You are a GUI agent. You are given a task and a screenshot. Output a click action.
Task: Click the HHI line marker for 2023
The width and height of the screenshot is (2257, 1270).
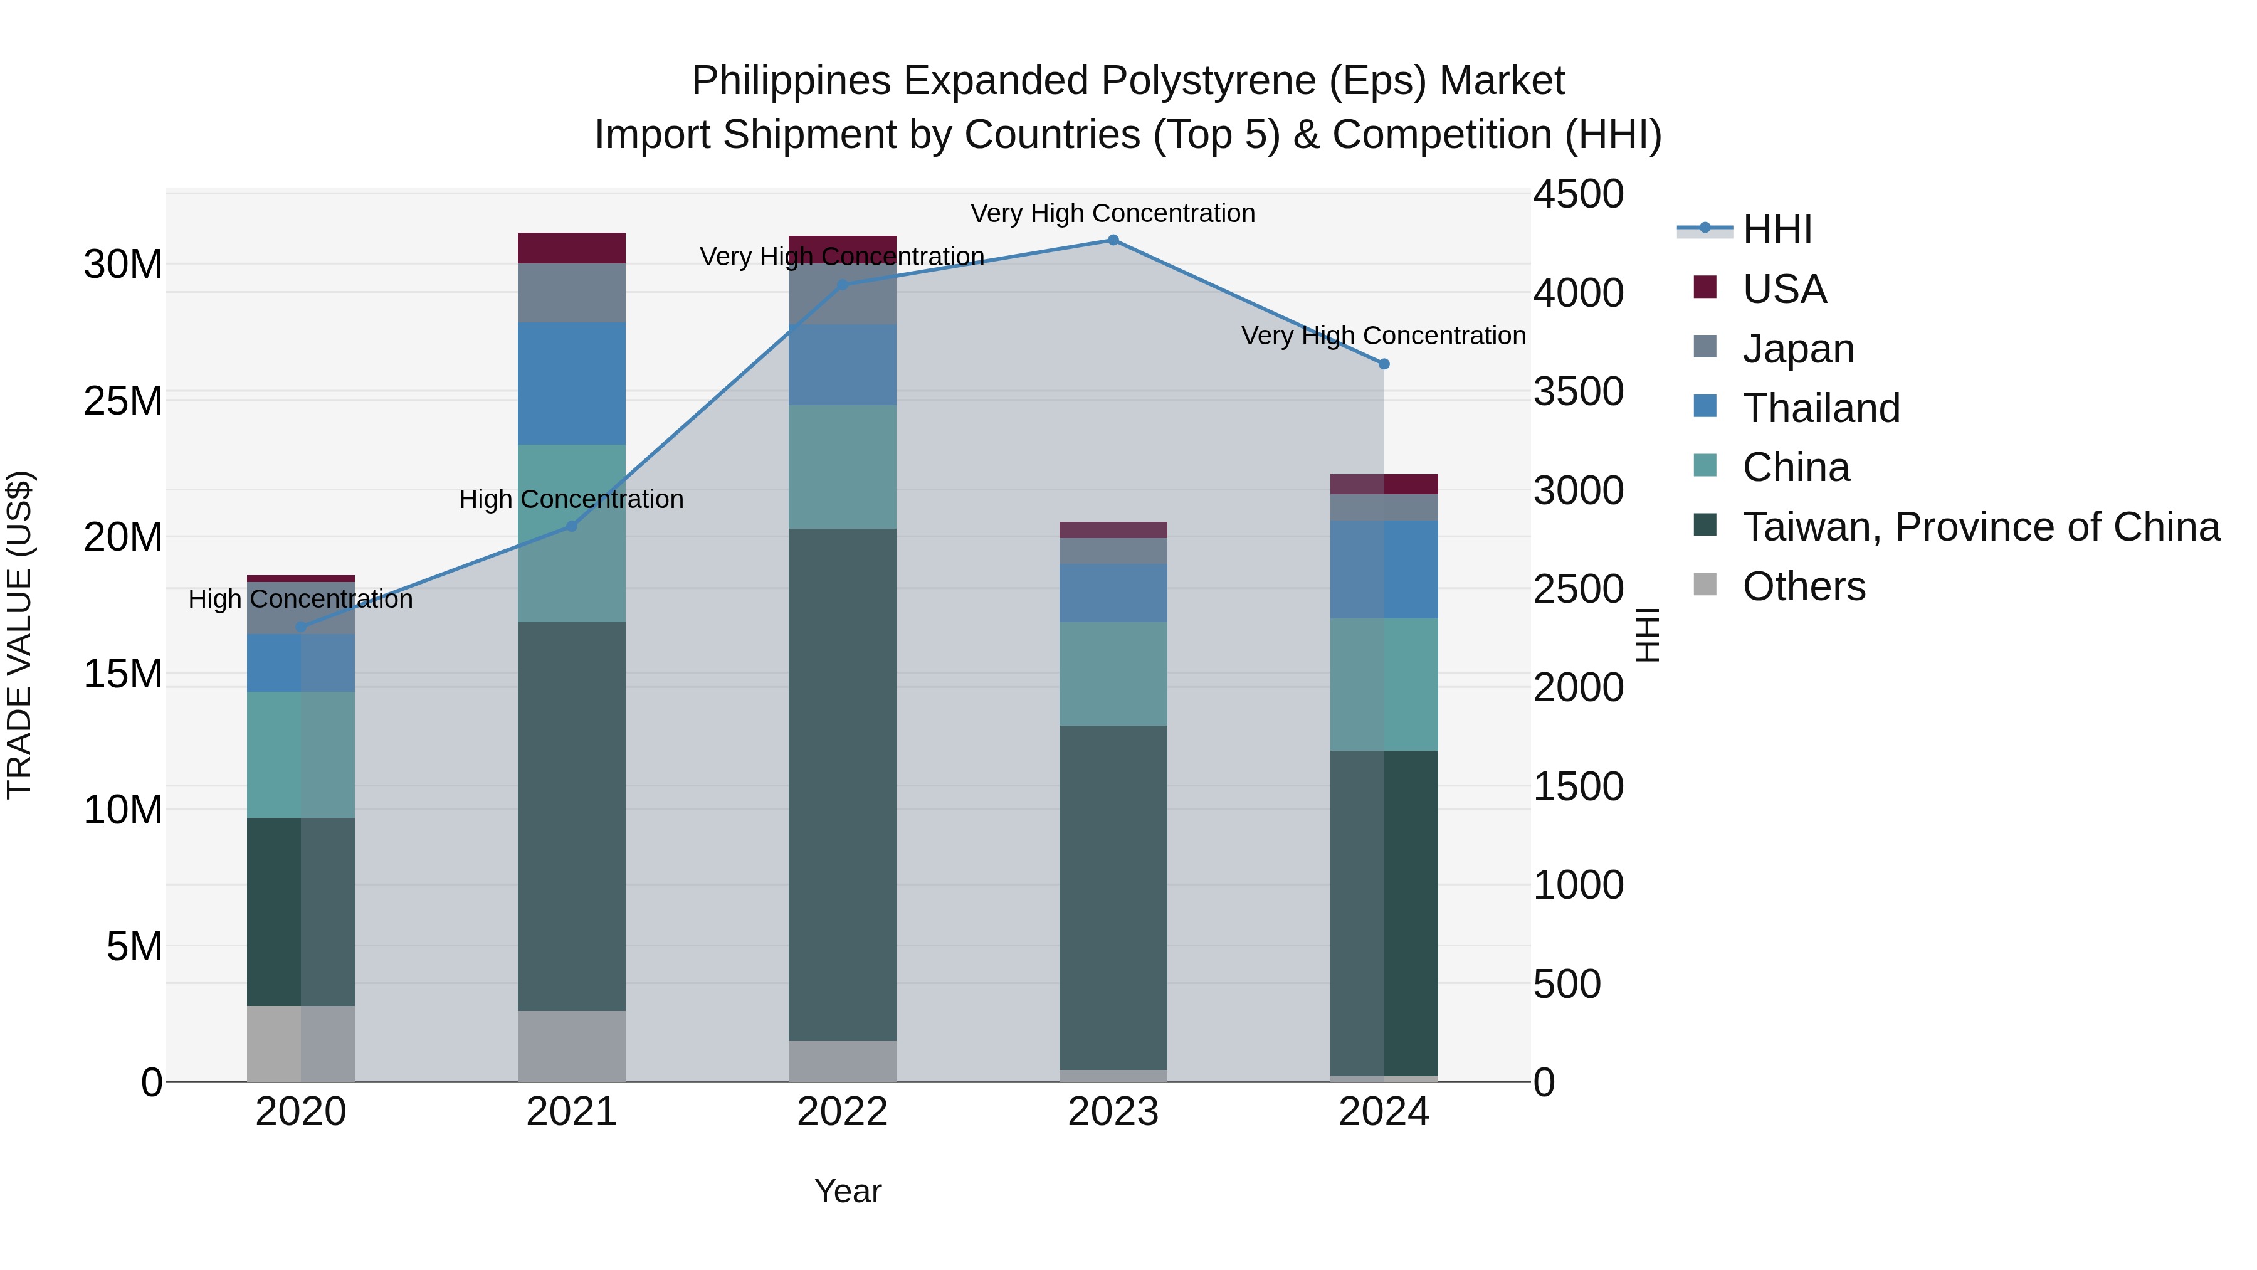coord(1113,240)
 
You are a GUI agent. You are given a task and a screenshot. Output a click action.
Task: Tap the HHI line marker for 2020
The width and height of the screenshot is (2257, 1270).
coord(300,627)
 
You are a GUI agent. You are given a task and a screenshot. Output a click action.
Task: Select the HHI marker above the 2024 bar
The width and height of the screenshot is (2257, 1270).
coord(1384,364)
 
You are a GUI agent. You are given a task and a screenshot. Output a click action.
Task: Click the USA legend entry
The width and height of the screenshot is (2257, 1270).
coord(1783,289)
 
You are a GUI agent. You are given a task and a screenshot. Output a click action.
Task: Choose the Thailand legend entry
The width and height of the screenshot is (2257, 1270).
coord(1820,408)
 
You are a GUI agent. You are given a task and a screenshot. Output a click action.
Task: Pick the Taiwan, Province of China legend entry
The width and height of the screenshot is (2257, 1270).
coord(1980,527)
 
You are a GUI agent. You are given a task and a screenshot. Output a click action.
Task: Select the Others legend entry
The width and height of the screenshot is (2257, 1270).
coord(1803,586)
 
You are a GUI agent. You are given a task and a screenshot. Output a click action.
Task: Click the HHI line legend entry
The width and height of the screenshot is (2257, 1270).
coord(1777,230)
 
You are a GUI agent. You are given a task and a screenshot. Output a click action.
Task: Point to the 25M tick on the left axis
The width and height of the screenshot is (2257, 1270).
coord(123,401)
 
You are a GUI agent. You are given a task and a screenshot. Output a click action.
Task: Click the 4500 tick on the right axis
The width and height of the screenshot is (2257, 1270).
coord(1578,194)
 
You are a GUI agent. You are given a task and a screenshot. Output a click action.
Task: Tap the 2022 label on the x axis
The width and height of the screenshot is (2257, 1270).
coord(842,1112)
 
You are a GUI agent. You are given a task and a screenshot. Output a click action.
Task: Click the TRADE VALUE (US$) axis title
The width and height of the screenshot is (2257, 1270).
coord(20,635)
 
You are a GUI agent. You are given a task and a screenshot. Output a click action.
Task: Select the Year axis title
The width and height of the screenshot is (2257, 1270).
coord(847,1191)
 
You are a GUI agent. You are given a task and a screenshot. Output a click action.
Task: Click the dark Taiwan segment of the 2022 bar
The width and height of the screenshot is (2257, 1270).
coord(842,785)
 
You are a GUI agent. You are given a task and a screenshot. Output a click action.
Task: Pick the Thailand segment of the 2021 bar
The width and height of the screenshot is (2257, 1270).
coord(571,383)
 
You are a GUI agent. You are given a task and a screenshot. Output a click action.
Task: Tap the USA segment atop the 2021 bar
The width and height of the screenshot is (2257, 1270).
coord(571,248)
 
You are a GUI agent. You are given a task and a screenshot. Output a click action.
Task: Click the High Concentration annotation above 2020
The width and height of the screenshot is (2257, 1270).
coord(300,600)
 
